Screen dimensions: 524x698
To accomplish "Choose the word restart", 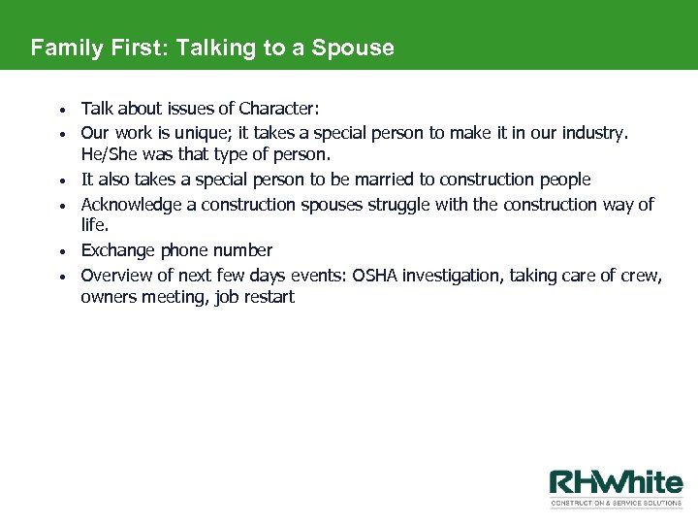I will tap(269, 298).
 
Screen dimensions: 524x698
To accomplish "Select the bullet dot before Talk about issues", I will tap(61, 109).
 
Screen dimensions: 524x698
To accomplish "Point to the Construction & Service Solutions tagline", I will tap(616, 504).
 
